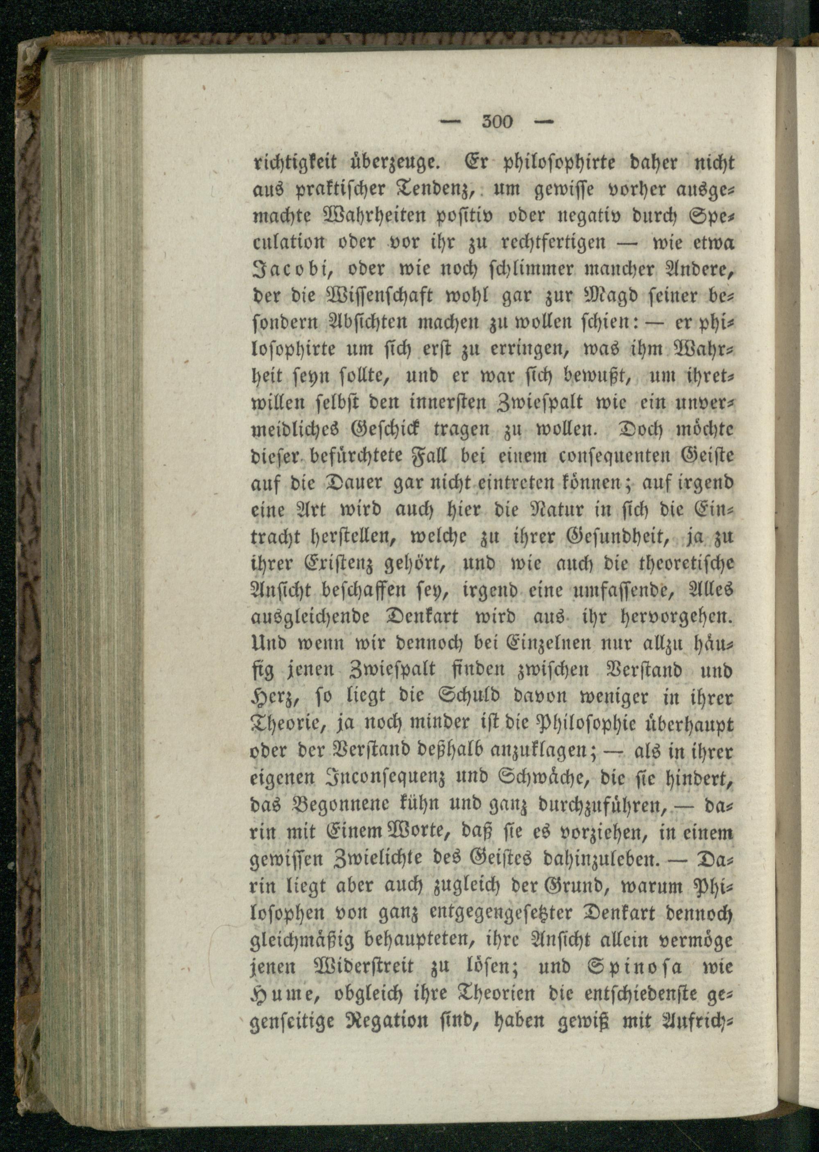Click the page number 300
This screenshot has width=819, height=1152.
pyautogui.click(x=497, y=122)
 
